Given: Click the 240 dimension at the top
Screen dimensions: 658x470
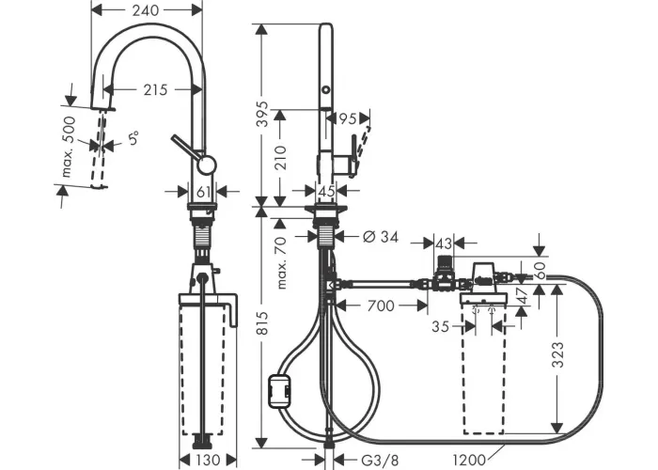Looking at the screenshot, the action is pos(146,10).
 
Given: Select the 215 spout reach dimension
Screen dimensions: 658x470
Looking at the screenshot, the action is pos(155,89).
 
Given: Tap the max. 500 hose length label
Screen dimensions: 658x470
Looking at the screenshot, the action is pos(68,146).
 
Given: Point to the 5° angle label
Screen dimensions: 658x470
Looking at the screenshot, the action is pos(133,138).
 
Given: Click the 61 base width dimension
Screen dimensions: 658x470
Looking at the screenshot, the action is pos(204,192).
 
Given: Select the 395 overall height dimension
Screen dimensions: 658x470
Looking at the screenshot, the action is pos(262,114).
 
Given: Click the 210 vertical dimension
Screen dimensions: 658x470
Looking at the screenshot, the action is pos(280,157).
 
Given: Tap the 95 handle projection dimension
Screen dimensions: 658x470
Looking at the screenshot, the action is pos(348,119).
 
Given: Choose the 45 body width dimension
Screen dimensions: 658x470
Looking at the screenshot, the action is pos(327,192).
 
